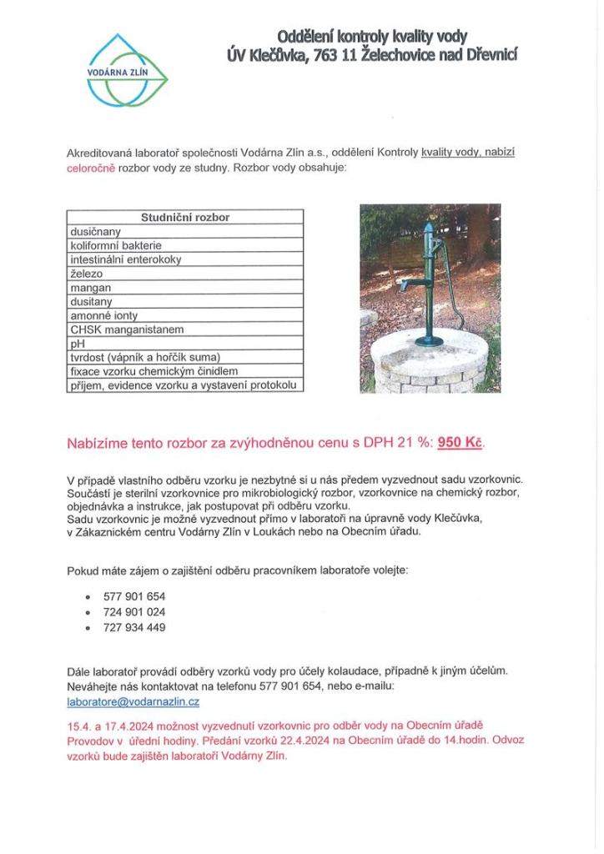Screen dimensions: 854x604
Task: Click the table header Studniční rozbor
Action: pyautogui.click(x=184, y=218)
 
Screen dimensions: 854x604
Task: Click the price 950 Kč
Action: pyautogui.click(x=460, y=442)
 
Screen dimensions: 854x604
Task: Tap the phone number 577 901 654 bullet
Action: pyautogui.click(x=134, y=597)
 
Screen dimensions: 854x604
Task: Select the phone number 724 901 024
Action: pyautogui.click(x=134, y=612)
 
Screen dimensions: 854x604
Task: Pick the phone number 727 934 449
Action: pyautogui.click(x=134, y=627)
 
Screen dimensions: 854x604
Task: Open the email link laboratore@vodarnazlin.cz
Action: pyautogui.click(x=133, y=702)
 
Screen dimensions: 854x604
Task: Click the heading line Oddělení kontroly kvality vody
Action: pyautogui.click(x=372, y=36)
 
